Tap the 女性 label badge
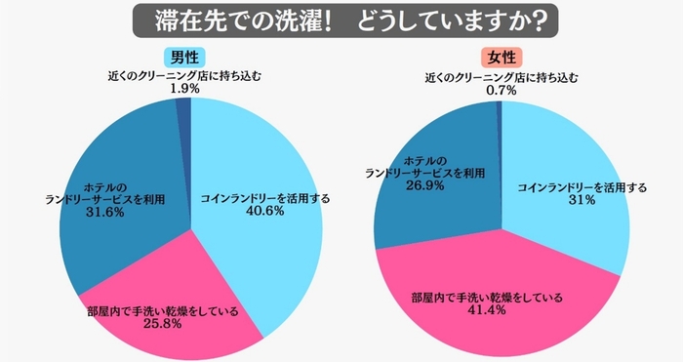pos(502,56)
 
